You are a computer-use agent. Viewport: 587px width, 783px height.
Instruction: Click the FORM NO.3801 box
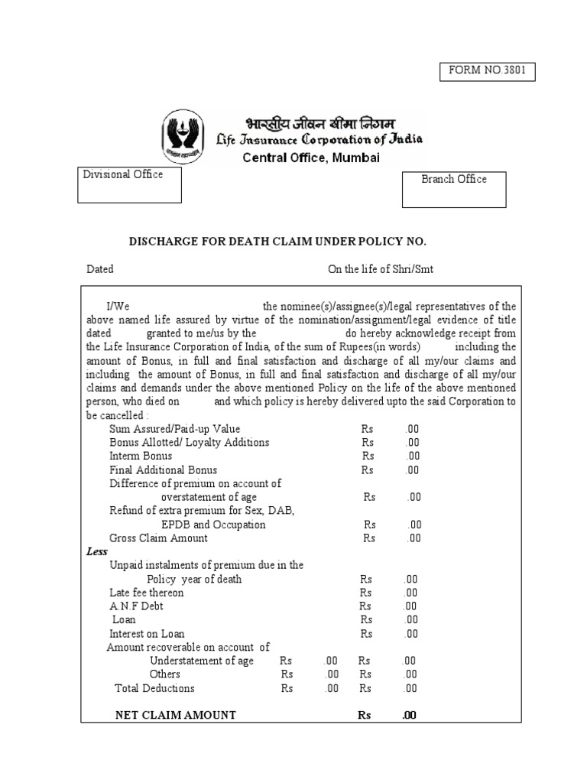click(487, 72)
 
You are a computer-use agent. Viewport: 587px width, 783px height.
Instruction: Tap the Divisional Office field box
click(129, 185)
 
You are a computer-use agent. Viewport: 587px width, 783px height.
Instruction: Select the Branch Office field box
click(454, 189)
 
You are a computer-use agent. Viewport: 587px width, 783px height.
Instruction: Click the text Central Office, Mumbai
click(310, 158)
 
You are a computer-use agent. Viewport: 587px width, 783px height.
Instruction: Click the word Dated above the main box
click(99, 269)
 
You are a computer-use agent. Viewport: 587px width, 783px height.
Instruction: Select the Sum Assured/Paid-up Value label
click(174, 429)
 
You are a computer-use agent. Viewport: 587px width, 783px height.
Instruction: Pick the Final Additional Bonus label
click(163, 469)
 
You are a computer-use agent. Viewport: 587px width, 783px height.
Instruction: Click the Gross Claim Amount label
click(158, 538)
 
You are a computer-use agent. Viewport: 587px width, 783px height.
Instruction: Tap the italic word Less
click(97, 551)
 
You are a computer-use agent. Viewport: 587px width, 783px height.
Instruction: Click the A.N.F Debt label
click(136, 606)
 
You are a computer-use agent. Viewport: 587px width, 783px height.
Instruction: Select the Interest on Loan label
click(147, 633)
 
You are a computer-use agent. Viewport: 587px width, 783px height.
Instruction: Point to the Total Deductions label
click(154, 687)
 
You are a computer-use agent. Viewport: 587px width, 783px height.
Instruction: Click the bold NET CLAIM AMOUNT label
click(175, 715)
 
